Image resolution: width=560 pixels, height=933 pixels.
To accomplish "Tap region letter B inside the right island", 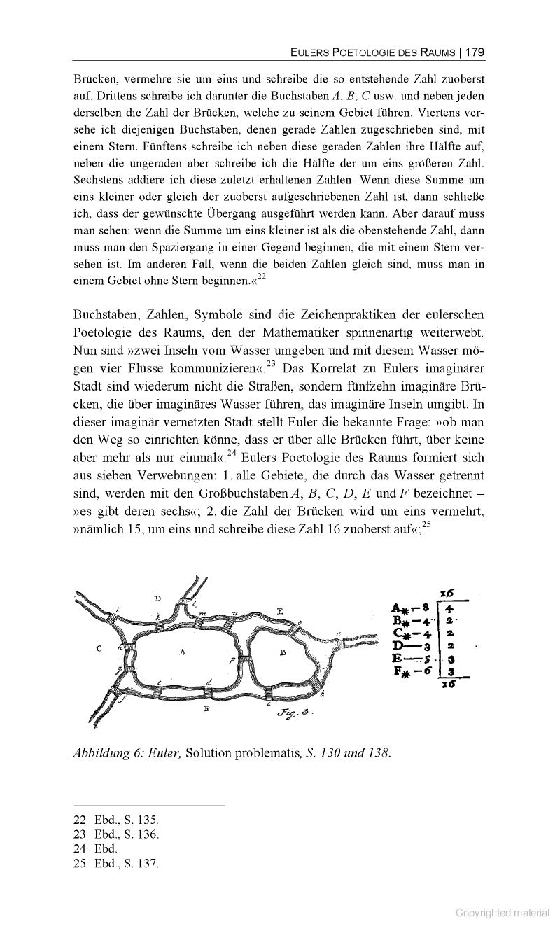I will [282, 652].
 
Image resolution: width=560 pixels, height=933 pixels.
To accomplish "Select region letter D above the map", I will [157, 598].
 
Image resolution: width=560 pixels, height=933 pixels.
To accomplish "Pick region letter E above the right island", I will [280, 611].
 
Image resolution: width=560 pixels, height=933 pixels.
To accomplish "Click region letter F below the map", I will [206, 708].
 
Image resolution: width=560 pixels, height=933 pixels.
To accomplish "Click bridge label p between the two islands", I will [230, 660].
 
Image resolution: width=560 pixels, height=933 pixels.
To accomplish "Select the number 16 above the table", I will [447, 592].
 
